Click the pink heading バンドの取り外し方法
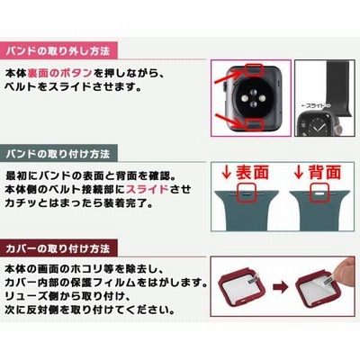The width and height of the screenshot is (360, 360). coord(58,51)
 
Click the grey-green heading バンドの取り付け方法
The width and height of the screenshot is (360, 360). coord(58,154)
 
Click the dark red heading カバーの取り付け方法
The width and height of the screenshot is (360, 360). coord(58,248)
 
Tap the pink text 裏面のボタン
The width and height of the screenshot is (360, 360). coord(59,73)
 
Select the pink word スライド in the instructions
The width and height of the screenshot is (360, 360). coord(148,189)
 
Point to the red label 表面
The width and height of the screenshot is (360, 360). coord(252,172)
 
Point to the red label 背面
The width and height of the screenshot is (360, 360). coord(325,172)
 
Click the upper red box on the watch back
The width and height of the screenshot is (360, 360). coord(253,70)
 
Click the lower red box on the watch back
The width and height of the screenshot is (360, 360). coord(253,124)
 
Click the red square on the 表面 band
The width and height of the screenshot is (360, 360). coord(246,193)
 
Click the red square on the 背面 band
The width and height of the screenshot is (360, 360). coord(319,193)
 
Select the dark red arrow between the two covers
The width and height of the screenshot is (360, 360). coord(281,287)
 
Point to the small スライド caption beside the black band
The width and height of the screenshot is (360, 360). coord(315,105)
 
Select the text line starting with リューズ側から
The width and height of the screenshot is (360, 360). coord(67,296)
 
